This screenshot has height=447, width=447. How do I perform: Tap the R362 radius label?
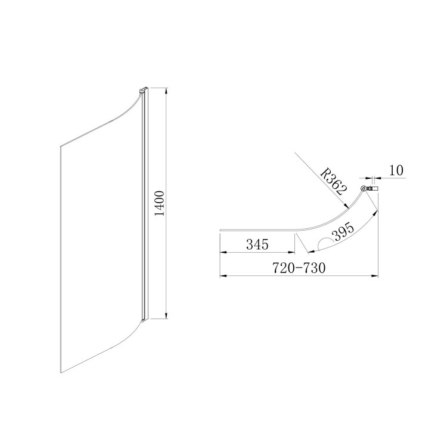pyautogui.click(x=331, y=181)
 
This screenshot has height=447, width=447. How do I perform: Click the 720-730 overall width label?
pyautogui.click(x=299, y=268)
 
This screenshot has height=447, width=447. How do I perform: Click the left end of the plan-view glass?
pyautogui.click(x=221, y=228)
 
